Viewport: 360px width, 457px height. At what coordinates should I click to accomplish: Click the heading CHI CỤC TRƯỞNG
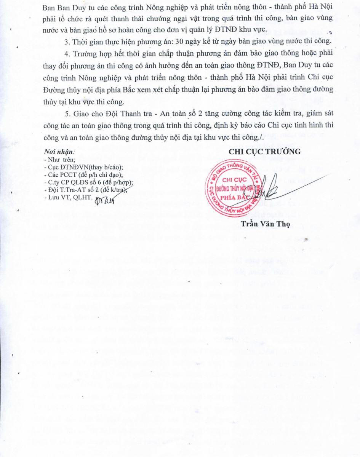point(264,152)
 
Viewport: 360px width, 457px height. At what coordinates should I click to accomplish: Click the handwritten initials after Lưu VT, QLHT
point(105,199)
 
